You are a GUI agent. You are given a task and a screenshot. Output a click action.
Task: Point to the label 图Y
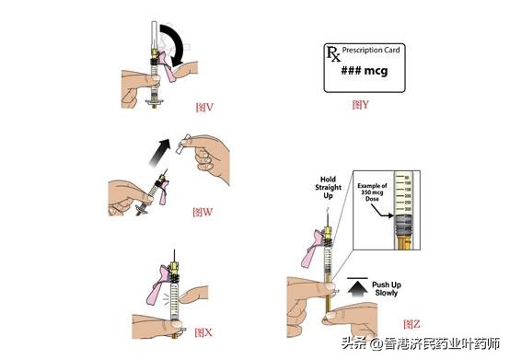click(361, 105)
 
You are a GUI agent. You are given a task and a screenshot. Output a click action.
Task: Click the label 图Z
click(413, 324)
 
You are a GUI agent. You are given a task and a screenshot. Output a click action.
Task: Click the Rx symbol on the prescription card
click(333, 53)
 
